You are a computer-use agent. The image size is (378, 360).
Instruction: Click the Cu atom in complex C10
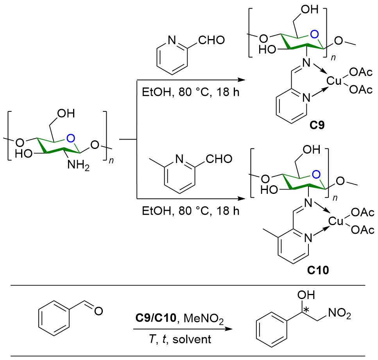(334, 222)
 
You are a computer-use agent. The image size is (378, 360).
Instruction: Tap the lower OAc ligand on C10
(362, 231)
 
